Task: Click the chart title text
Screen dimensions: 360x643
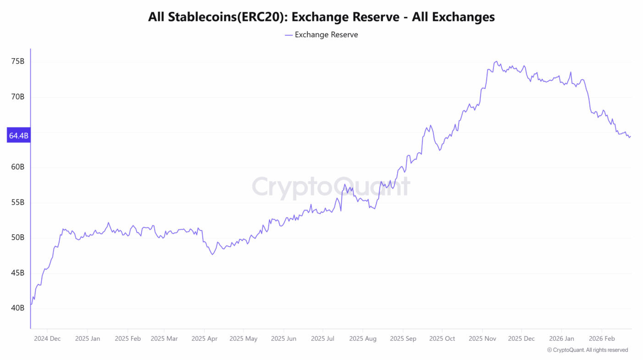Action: click(321, 17)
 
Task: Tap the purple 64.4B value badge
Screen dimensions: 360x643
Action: click(18, 136)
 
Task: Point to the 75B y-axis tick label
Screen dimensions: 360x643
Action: click(18, 61)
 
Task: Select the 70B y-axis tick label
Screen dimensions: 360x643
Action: click(18, 97)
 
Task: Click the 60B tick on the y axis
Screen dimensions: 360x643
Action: click(18, 167)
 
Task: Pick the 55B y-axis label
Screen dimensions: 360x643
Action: click(18, 202)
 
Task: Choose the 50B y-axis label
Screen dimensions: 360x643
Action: click(18, 238)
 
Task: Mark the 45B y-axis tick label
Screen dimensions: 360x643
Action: click(18, 273)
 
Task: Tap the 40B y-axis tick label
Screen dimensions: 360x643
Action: click(18, 308)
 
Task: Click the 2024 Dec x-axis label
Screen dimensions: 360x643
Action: click(47, 338)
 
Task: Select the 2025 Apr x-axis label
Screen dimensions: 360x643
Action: click(204, 338)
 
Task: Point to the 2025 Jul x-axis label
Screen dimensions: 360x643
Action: click(323, 338)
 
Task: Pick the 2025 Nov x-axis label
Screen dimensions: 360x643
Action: click(482, 338)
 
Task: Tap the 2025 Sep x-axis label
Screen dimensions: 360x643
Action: click(403, 338)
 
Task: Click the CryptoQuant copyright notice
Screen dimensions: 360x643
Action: click(588, 350)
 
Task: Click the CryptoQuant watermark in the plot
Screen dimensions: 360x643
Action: click(331, 187)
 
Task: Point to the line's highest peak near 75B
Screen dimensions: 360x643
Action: click(496, 61)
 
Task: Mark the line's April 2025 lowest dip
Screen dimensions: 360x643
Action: click(212, 254)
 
